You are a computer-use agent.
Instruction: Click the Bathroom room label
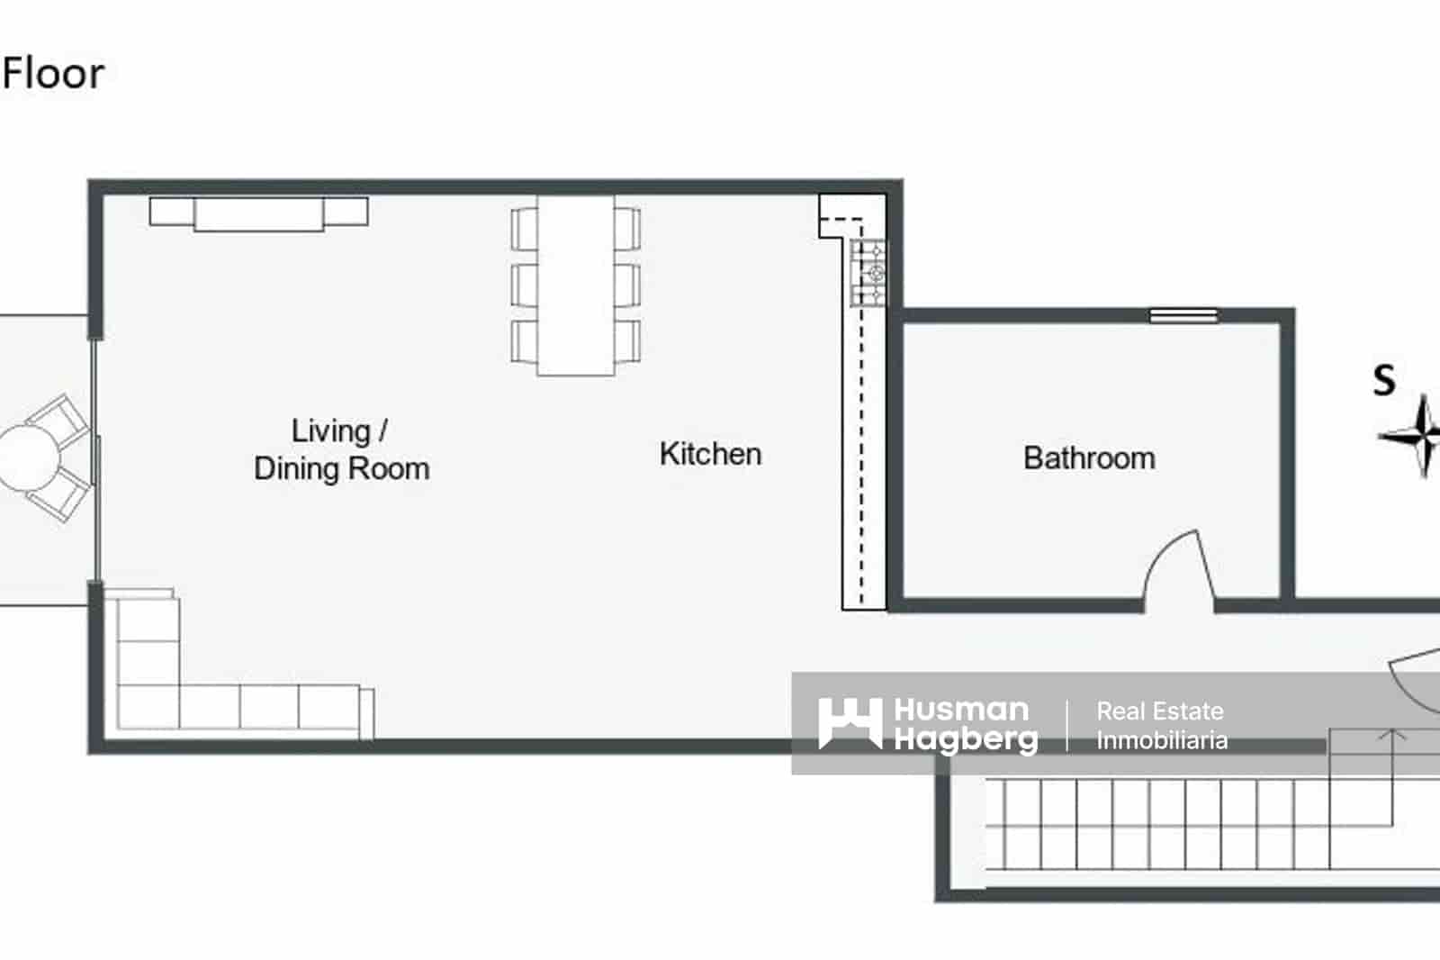pyautogui.click(x=1089, y=457)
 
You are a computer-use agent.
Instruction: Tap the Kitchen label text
pyautogui.click(x=710, y=454)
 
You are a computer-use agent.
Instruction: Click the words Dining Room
pyautogui.click(x=342, y=469)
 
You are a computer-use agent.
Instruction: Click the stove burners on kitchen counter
pyautogui.click(x=869, y=272)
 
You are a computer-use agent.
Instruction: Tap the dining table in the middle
pyautogui.click(x=576, y=285)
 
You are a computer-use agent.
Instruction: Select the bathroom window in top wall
pyautogui.click(x=1183, y=315)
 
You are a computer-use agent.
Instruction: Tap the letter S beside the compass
pyautogui.click(x=1384, y=380)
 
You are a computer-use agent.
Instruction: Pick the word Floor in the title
pyautogui.click(x=54, y=74)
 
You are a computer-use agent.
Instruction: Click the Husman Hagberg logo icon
pyautogui.click(x=850, y=723)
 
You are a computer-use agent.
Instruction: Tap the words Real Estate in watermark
pyautogui.click(x=1160, y=711)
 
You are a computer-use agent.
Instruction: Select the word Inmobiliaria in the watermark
pyautogui.click(x=1162, y=741)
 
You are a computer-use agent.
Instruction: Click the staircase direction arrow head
pyautogui.click(x=1392, y=735)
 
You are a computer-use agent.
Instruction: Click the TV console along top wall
pyautogui.click(x=258, y=213)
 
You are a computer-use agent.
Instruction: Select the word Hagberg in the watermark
pyautogui.click(x=966, y=740)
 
